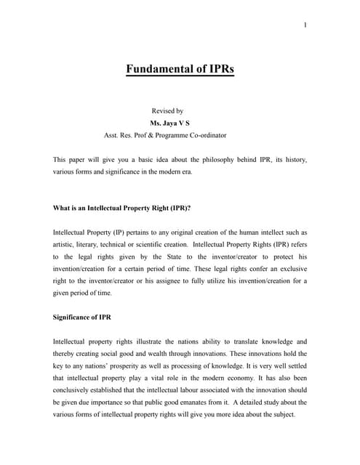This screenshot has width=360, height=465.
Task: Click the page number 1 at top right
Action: [x=305, y=26]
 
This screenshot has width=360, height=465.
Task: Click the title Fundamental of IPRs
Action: [x=180, y=70]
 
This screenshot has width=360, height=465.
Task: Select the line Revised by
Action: [x=167, y=111]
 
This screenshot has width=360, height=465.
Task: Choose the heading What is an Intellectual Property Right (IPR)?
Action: [x=122, y=208]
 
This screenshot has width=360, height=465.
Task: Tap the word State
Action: [x=153, y=256]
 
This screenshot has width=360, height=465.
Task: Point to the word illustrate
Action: [x=145, y=341]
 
